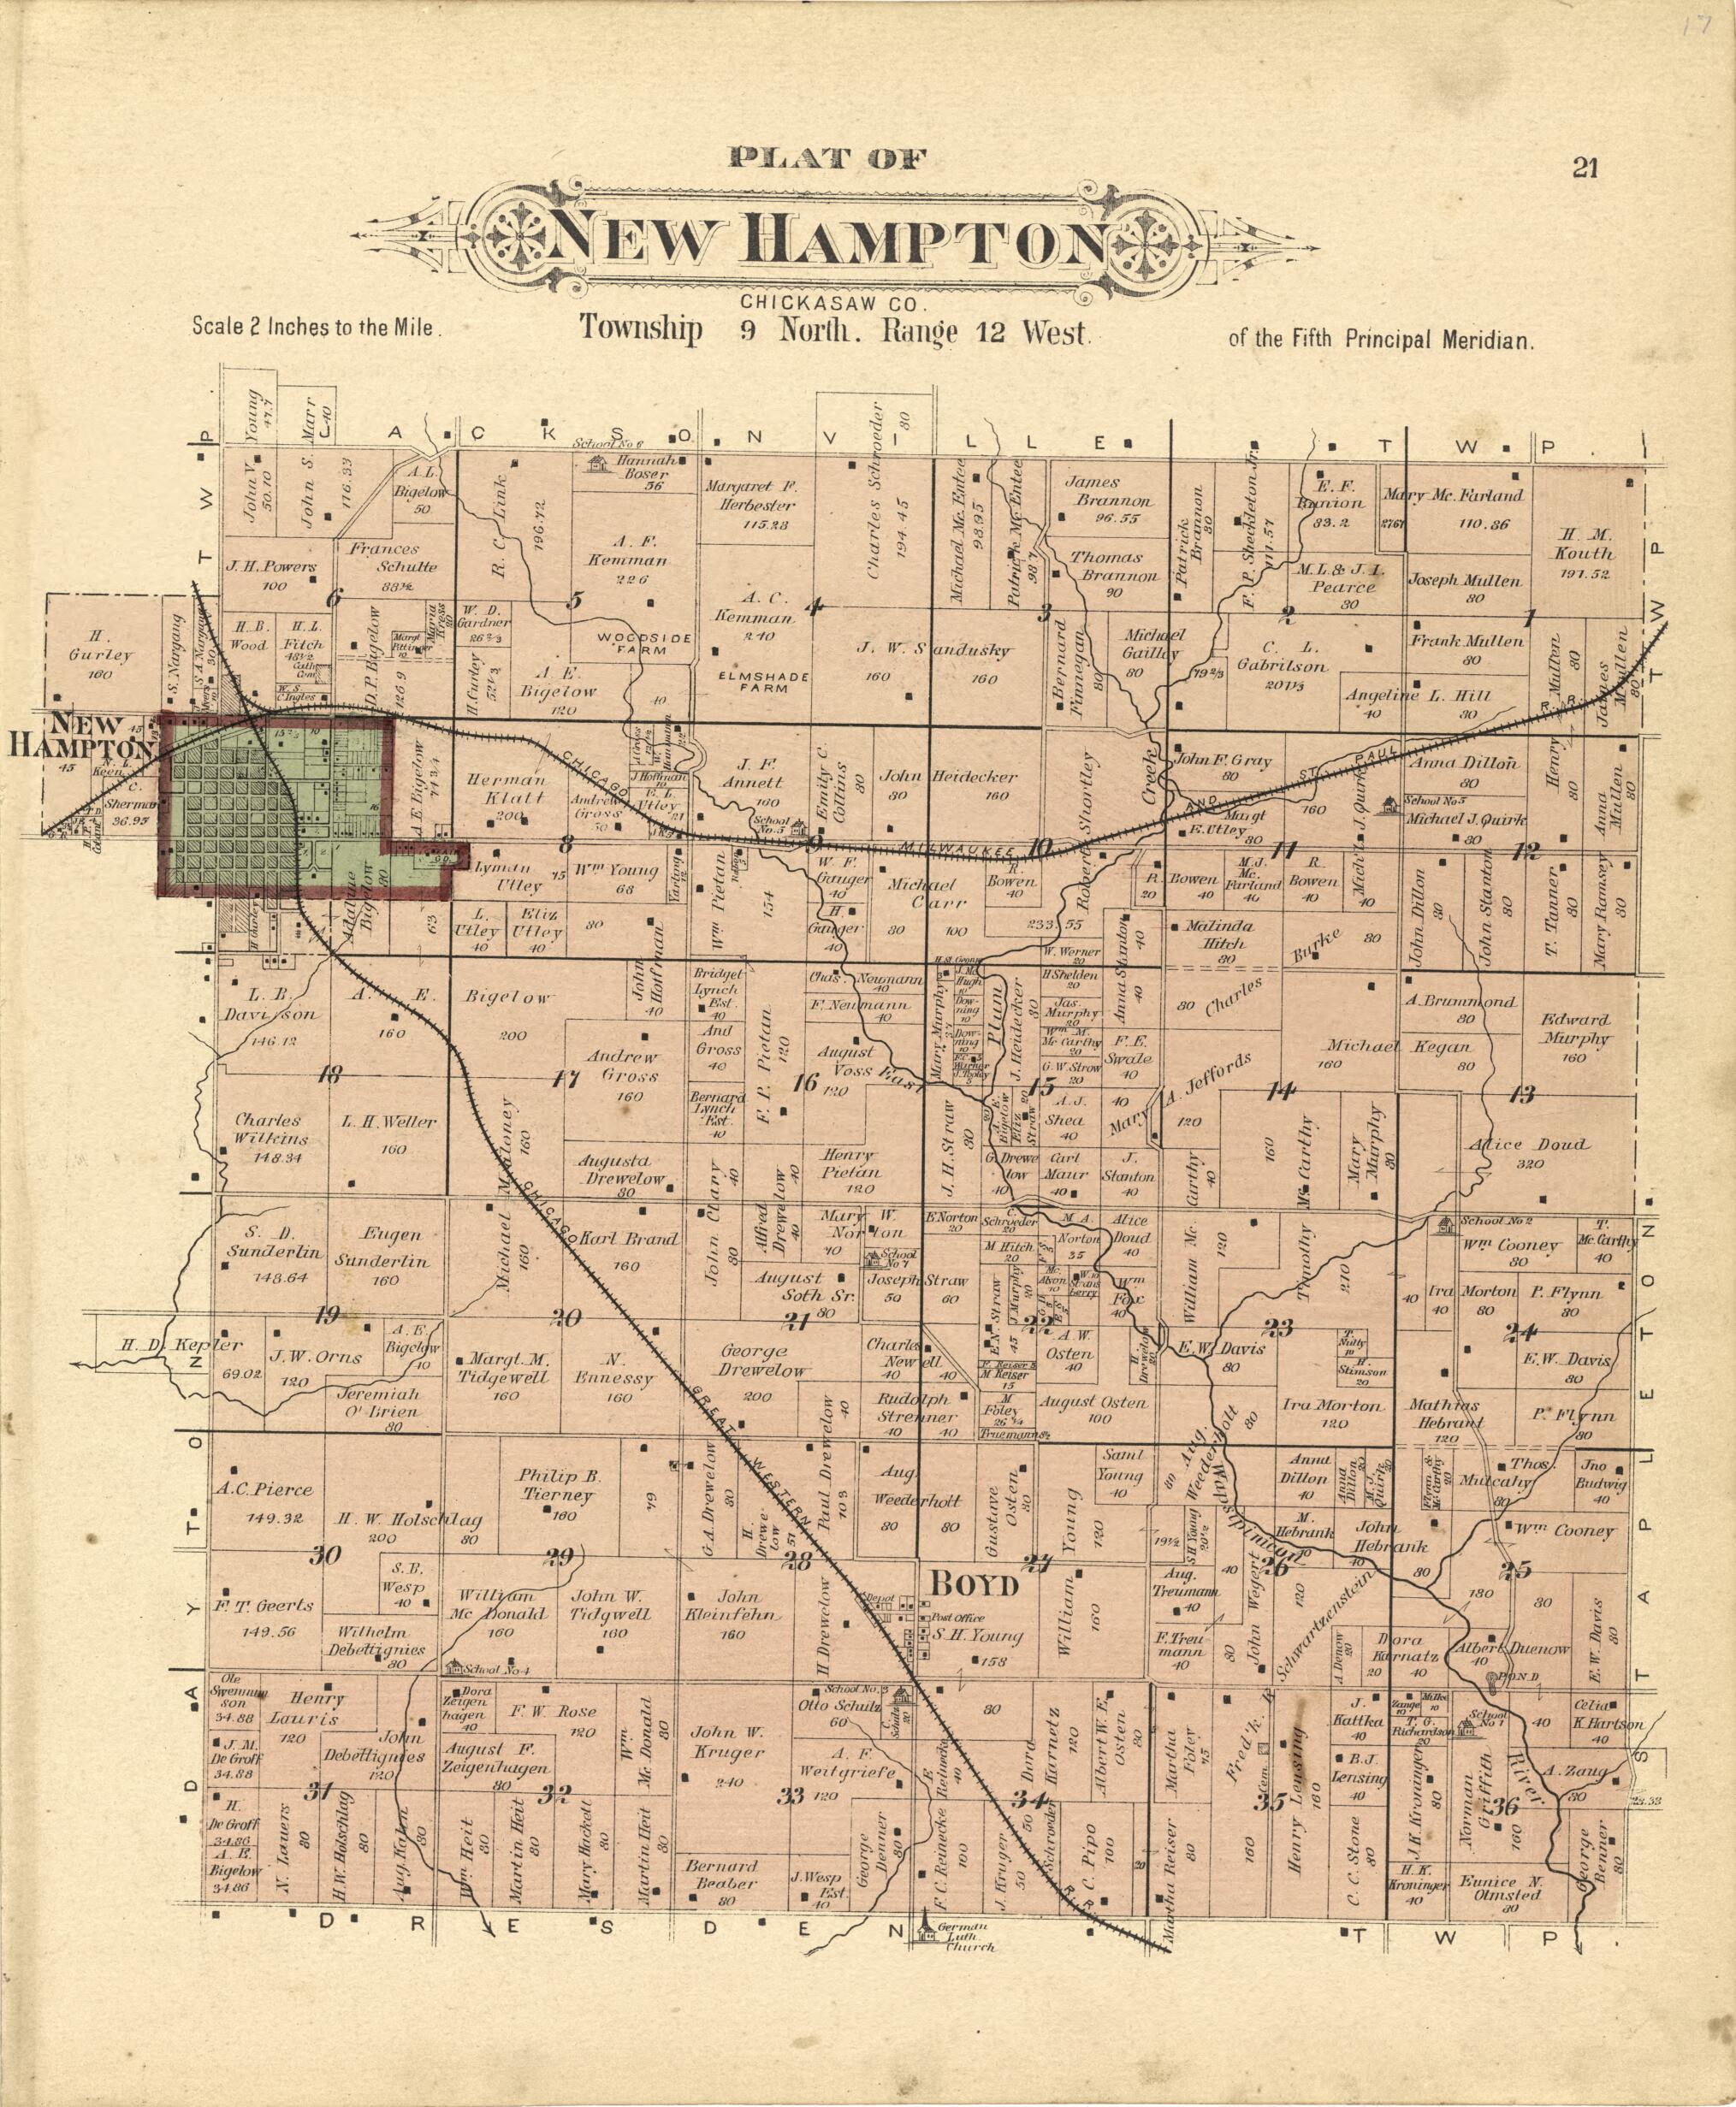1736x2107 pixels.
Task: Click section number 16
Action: (x=804, y=1082)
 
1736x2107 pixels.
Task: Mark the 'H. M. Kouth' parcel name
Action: (x=1582, y=544)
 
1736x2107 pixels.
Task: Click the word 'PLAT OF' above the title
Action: (x=829, y=157)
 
